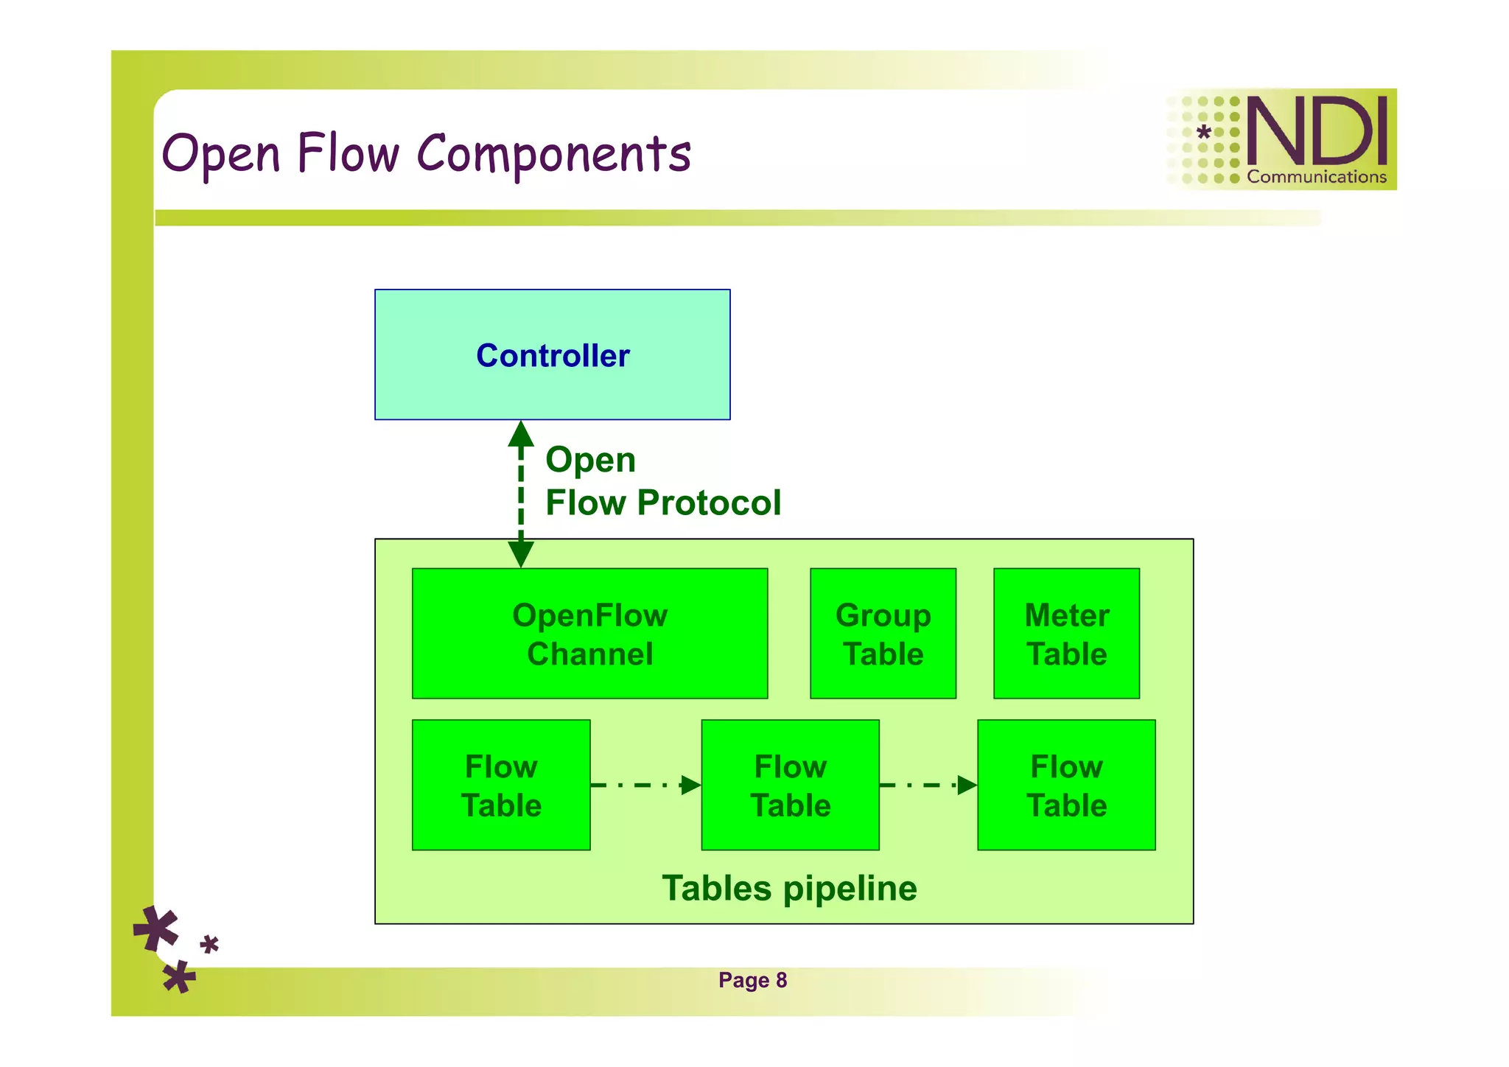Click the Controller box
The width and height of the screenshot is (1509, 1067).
pos(552,354)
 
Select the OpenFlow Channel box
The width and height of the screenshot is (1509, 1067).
pos(589,634)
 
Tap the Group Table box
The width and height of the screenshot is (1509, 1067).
pos(883,634)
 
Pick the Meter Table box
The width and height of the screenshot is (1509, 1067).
pos(1066,634)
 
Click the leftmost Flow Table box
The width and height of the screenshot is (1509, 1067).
pos(501,785)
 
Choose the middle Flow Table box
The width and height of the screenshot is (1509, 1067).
pos(790,785)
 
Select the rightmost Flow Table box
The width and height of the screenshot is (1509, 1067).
pos(1066,785)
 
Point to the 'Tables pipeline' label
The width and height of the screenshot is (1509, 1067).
pos(789,888)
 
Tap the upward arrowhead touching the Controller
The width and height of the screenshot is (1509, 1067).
pos(521,435)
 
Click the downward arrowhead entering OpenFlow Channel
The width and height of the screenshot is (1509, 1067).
pos(521,553)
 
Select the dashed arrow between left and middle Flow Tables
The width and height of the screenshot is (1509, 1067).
pos(645,785)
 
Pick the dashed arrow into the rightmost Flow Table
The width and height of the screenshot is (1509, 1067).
pos(928,785)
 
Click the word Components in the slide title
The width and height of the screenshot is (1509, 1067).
pos(554,155)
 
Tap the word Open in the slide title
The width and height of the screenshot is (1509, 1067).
pos(221,155)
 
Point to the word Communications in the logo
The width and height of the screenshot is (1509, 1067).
pos(1317,177)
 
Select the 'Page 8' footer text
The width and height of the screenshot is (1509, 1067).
pos(752,980)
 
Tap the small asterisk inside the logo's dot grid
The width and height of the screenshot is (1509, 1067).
pos(1203,133)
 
